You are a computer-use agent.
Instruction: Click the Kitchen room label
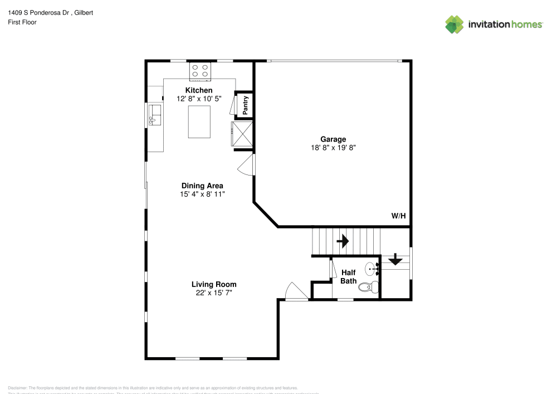[199, 90]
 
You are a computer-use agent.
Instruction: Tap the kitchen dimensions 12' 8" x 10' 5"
[199, 99]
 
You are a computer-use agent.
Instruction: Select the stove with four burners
[201, 70]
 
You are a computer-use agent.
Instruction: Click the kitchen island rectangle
[200, 121]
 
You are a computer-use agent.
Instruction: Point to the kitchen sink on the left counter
[154, 116]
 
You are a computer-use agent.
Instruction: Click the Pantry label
[245, 105]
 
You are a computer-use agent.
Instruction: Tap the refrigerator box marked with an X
[242, 134]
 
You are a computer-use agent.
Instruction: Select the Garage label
[333, 139]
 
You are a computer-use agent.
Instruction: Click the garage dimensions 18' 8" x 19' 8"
[333, 148]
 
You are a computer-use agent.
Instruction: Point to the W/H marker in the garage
[398, 216]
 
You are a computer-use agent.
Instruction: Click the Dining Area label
[202, 186]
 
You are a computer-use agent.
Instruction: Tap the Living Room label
[210, 284]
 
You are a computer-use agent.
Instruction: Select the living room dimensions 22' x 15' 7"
[210, 293]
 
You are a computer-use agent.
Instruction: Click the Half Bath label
[349, 277]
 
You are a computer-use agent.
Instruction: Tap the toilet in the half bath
[368, 288]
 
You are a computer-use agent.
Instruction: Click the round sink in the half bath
[373, 270]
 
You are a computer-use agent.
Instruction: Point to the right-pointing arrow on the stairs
[343, 241]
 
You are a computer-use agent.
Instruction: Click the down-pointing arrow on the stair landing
[395, 259]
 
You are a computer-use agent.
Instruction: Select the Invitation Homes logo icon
[455, 24]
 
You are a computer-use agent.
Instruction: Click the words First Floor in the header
[22, 22]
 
